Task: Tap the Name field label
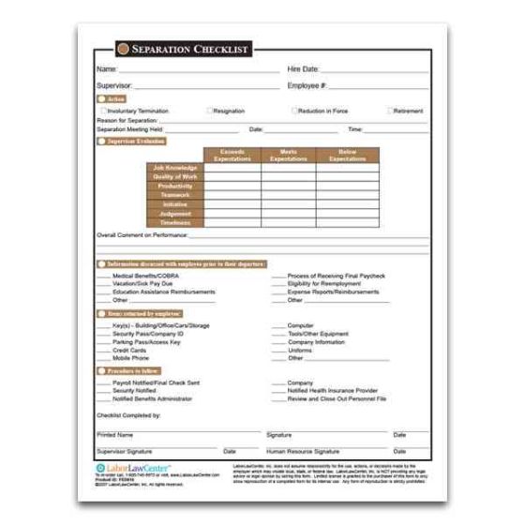(x=106, y=69)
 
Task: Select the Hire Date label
(x=303, y=69)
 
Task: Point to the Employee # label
(x=307, y=85)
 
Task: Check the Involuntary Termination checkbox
(x=102, y=111)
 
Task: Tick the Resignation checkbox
(x=210, y=111)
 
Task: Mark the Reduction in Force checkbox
(x=294, y=111)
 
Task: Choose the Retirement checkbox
(x=390, y=111)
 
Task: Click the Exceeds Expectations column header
(x=232, y=156)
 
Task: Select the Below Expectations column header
(x=348, y=156)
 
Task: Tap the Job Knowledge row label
(x=175, y=168)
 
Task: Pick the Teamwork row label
(x=176, y=195)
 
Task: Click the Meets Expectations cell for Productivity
(x=288, y=186)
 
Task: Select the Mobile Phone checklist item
(x=130, y=358)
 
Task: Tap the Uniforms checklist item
(x=301, y=350)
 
